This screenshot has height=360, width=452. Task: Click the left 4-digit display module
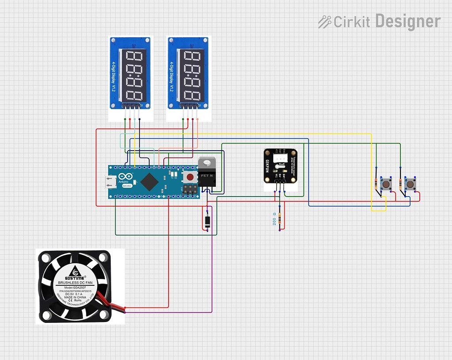click(131, 73)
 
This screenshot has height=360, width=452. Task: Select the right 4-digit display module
click(189, 73)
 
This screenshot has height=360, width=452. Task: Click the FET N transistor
click(207, 174)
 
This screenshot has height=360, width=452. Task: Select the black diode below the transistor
click(207, 221)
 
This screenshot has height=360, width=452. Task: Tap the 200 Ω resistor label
click(274, 219)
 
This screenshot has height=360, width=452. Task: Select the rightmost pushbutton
click(411, 184)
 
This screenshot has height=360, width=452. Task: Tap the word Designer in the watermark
click(407, 21)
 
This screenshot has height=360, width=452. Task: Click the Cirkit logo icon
click(324, 22)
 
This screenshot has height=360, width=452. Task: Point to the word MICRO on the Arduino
click(127, 186)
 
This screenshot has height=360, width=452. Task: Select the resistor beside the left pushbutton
click(376, 183)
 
